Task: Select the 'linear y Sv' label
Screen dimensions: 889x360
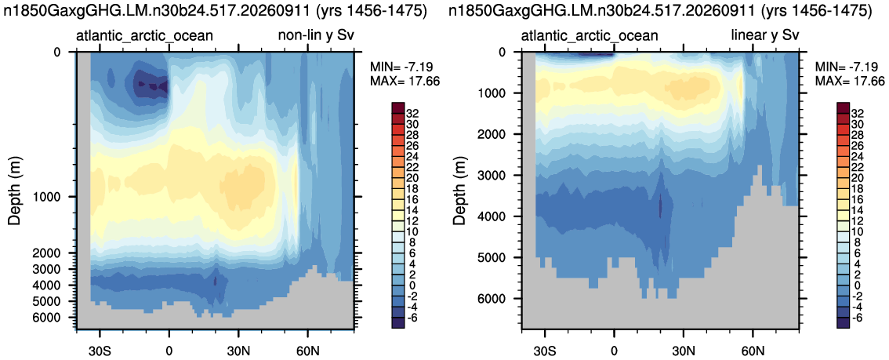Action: click(765, 36)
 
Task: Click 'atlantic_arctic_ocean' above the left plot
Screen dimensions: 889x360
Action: click(144, 36)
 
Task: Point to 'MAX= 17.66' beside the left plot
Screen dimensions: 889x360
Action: click(399, 81)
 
